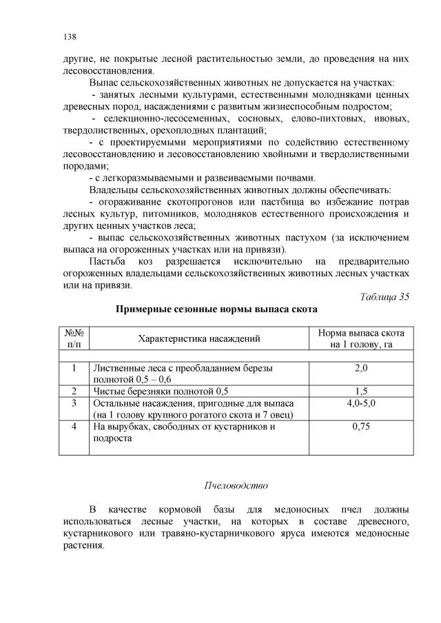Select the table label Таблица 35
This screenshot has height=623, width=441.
coord(384,297)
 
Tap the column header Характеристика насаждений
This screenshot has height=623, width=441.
coord(199,338)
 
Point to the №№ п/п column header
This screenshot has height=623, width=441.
coord(74,338)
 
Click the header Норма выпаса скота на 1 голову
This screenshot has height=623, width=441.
coord(360,338)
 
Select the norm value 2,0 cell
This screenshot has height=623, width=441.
coord(360,369)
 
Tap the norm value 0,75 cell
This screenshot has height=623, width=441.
coord(360,427)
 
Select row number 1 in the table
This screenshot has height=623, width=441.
coord(74,369)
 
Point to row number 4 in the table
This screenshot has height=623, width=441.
coord(74,427)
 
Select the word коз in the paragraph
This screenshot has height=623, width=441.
coord(154,262)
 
